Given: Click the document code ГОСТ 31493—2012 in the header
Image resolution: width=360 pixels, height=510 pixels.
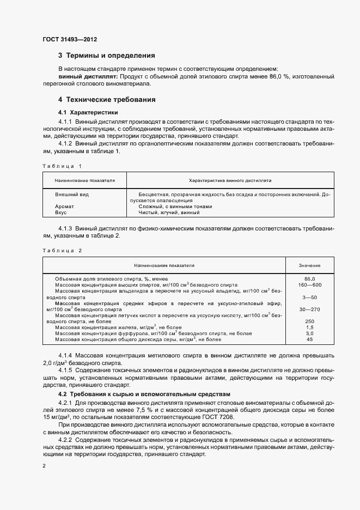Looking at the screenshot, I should tap(70, 39).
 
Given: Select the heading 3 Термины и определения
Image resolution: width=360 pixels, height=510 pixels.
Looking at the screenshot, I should tap(106, 56).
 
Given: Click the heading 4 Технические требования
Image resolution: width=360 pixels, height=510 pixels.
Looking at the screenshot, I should tap(107, 100).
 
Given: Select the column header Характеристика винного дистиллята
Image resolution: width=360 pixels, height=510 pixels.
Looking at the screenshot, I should tap(230, 180).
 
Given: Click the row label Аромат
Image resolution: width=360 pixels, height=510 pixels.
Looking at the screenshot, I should tap(64, 207).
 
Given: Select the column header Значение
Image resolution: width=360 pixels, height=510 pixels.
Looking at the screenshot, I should tap(309, 265).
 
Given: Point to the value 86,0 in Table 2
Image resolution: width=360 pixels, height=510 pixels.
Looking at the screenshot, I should tap(310, 279).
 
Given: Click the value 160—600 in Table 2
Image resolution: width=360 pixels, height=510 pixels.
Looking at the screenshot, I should tap(310, 285).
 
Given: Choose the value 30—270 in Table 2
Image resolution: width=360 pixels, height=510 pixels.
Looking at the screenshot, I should tap(310, 309).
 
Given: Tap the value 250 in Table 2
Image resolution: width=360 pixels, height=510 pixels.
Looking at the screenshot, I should tap(310, 321).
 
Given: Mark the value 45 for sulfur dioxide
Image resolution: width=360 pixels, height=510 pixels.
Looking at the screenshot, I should tap(310, 339).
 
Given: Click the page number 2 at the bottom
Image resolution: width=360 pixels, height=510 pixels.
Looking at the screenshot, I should tap(44, 466).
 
